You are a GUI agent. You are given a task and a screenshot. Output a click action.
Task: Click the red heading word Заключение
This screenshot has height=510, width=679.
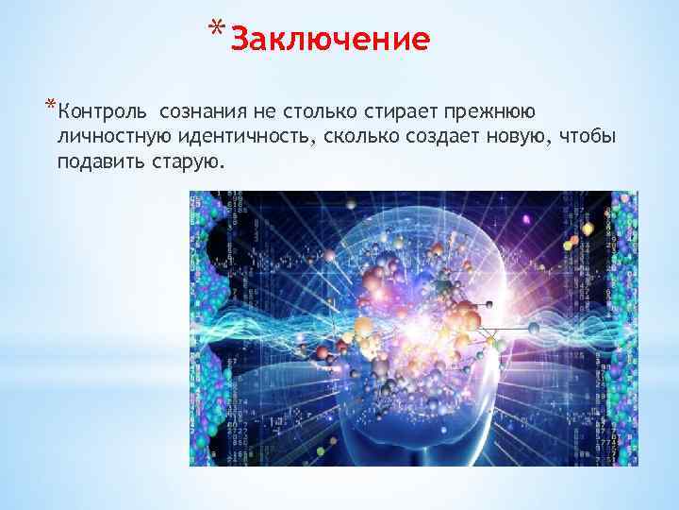point(330,40)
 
